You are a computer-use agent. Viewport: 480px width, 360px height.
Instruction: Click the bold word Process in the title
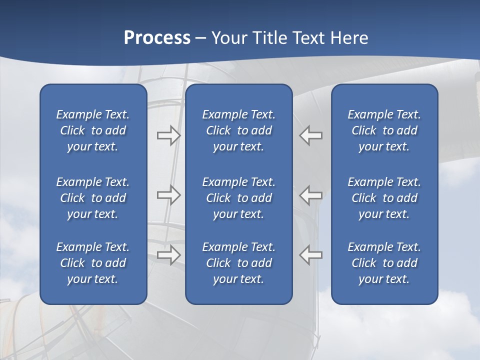[x=157, y=38]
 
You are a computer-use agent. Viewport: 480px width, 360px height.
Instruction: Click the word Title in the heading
[x=268, y=38]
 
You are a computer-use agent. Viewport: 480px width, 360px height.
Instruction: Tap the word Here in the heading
[x=348, y=38]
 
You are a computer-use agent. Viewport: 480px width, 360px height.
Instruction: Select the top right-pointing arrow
[x=169, y=135]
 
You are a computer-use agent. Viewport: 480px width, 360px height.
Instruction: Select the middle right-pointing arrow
[x=169, y=195]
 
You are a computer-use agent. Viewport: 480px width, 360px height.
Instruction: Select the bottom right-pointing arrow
[x=169, y=254]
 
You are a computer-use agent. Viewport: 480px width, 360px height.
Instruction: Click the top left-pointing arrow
[x=310, y=135]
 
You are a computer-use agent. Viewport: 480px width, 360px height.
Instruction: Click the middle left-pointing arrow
[x=310, y=195]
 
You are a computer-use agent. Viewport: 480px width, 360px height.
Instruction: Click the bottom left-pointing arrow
[x=310, y=254]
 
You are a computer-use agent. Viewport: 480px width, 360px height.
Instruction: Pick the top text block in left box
[x=93, y=130]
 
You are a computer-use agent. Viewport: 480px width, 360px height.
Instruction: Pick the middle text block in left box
[x=93, y=198]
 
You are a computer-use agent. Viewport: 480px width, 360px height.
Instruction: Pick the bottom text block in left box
[x=93, y=263]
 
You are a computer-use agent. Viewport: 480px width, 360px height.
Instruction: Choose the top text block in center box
[x=238, y=130]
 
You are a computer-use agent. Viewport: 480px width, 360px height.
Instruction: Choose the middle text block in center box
[x=238, y=198]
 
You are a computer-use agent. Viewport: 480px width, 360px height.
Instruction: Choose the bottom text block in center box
[x=238, y=263]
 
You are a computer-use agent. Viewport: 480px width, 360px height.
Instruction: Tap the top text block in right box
[x=384, y=130]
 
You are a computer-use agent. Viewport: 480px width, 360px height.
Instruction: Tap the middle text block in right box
[x=384, y=198]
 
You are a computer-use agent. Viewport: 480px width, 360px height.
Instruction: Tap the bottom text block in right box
[x=384, y=263]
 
